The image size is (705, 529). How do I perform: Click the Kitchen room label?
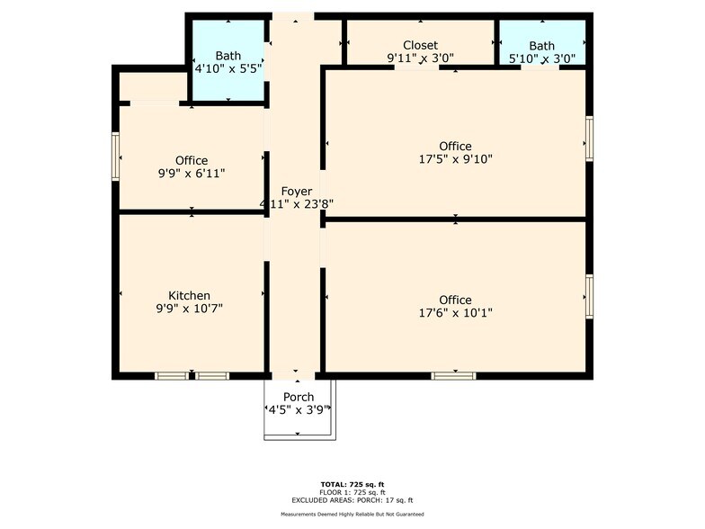[189, 295]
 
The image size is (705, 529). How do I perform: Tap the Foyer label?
[297, 191]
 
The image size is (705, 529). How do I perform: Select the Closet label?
[421, 45]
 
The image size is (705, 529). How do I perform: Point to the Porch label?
[299, 398]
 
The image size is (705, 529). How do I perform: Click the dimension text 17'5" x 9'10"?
[455, 158]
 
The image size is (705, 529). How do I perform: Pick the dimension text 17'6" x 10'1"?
[455, 313]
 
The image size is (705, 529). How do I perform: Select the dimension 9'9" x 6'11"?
[191, 173]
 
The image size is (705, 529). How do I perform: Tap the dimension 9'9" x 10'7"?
[189, 308]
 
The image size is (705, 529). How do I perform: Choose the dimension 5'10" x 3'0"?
[541, 58]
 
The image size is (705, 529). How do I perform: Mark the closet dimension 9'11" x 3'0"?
[421, 58]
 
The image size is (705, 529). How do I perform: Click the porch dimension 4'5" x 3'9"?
[299, 410]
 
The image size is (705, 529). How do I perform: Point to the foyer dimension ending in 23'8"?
[297, 203]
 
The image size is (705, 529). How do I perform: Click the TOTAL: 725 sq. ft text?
[352, 484]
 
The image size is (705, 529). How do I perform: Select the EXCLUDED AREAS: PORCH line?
[352, 500]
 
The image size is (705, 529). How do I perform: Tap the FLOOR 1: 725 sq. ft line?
[352, 492]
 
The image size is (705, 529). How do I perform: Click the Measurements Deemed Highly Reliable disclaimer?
[352, 515]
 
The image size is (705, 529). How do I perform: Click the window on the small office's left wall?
[115, 157]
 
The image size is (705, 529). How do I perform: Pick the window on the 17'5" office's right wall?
[589, 139]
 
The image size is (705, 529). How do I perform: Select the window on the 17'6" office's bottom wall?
[453, 376]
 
